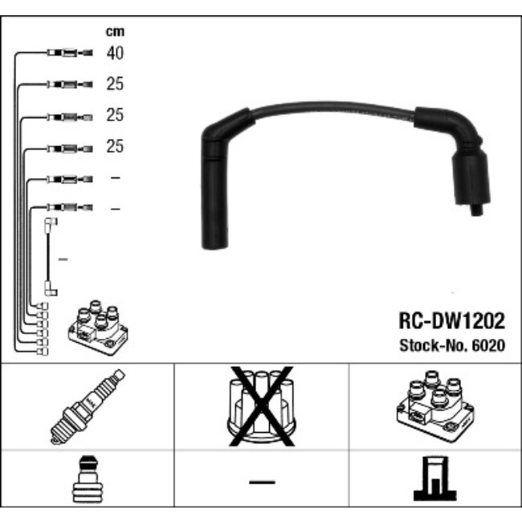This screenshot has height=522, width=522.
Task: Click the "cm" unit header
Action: (x=115, y=32)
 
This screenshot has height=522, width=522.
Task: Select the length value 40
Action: (x=115, y=54)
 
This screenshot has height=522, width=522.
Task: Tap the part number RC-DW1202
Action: (x=452, y=322)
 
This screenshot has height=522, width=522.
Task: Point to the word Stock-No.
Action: (x=434, y=345)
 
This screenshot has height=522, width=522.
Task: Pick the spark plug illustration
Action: (x=88, y=406)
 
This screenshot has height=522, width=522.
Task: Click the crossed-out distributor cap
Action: (x=261, y=406)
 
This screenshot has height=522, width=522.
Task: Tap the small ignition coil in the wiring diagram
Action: (x=97, y=328)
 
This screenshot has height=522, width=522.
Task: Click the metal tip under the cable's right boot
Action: (x=475, y=211)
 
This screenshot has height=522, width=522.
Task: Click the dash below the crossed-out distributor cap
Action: (x=261, y=482)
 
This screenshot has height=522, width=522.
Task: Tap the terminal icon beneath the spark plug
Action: (x=88, y=482)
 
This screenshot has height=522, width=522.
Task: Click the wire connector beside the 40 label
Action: (x=70, y=54)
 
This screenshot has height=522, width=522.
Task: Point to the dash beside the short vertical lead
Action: (x=64, y=259)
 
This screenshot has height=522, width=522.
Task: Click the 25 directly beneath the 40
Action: (x=115, y=84)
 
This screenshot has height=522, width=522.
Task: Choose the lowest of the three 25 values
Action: (x=115, y=148)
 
